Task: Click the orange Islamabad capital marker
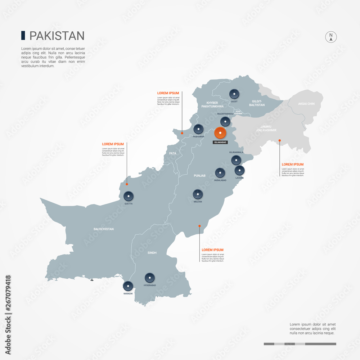click(220, 133)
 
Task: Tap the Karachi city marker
click(128, 286)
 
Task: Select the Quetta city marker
click(129, 196)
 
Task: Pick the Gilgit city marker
click(234, 94)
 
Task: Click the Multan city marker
click(197, 194)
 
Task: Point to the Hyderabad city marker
click(150, 278)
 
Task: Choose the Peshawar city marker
click(199, 129)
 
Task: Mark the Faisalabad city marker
click(220, 173)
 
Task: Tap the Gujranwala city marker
click(236, 160)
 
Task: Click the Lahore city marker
click(239, 170)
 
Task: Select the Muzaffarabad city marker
click(225, 121)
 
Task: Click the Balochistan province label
click(104, 229)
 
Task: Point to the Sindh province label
click(152, 253)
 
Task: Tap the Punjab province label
click(199, 176)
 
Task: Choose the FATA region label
click(173, 153)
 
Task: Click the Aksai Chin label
click(306, 104)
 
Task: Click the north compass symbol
click(331, 37)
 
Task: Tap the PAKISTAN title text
click(57, 36)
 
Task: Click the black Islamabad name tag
click(220, 142)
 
